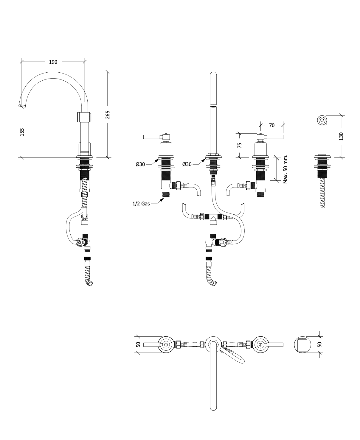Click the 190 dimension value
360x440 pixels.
pyautogui.click(x=53, y=62)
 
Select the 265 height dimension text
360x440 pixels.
pyautogui.click(x=108, y=114)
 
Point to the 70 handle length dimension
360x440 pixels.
pyautogui.click(x=271, y=125)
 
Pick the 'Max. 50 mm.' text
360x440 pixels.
pyautogui.click(x=285, y=169)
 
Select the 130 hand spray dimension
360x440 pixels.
pyautogui.click(x=341, y=136)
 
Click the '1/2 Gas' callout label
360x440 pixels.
pyautogui.click(x=141, y=204)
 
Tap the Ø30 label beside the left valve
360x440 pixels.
pyautogui.click(x=140, y=164)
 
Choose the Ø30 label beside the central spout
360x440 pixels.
pyautogui.click(x=187, y=164)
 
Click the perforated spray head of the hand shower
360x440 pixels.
pyautogui.click(x=322, y=120)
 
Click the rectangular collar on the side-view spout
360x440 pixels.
pyautogui.click(x=84, y=117)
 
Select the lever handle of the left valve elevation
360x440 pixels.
pyautogui.click(x=152, y=137)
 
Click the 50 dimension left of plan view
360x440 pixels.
pyautogui.click(x=138, y=344)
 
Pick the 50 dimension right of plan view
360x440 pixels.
pyautogui.click(x=320, y=344)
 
